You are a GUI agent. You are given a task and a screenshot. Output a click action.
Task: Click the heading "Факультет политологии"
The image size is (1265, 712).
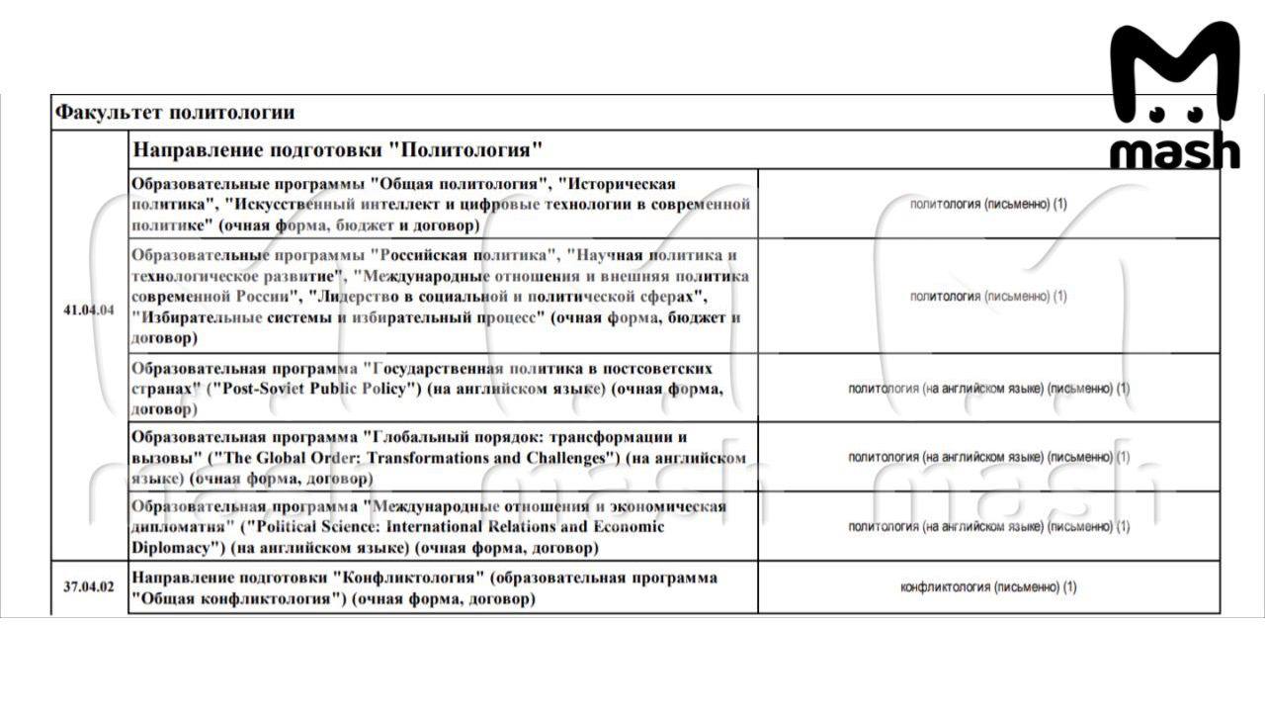pos(174,113)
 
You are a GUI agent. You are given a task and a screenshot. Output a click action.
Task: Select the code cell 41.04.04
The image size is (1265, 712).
pos(89,310)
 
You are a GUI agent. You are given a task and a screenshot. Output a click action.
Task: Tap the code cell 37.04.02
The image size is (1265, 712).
pos(89,586)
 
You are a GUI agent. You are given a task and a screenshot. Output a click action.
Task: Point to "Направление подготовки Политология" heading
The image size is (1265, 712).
pos(338,150)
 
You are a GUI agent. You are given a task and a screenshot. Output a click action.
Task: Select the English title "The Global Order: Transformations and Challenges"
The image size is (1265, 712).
pos(413,458)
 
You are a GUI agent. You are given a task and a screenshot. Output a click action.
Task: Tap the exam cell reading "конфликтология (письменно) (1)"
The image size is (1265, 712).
pos(988,587)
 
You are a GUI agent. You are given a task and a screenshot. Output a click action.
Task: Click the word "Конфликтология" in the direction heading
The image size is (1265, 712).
pos(407,578)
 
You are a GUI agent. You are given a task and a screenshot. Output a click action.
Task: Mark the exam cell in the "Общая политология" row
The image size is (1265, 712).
pos(988,204)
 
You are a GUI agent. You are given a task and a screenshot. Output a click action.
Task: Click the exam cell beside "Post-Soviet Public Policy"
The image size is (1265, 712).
pos(988,389)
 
